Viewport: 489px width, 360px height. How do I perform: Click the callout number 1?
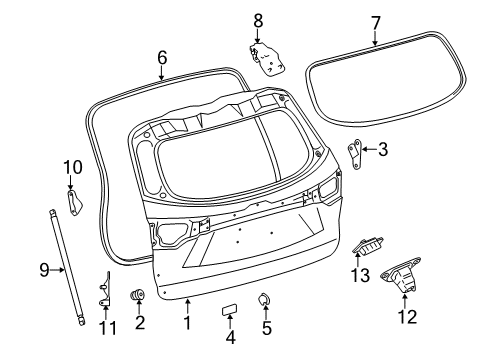coord(186,322)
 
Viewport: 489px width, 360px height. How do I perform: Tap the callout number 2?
coord(139,322)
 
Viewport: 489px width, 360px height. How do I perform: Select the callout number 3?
coord(382,151)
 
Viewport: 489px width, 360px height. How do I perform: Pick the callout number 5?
coord(266,327)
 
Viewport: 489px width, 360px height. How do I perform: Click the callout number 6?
coord(161,57)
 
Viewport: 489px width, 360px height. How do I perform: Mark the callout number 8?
coord(257,19)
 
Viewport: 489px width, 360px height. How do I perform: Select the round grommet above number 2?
coord(139,295)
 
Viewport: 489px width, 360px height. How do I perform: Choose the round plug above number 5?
coord(265,298)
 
